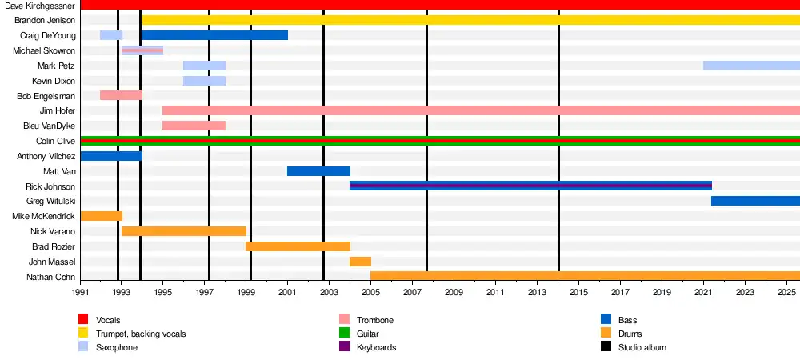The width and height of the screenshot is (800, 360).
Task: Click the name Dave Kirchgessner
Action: click(x=41, y=5)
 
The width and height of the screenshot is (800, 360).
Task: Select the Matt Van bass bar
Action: click(x=318, y=171)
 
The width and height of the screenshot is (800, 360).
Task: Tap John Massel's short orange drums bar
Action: click(x=360, y=262)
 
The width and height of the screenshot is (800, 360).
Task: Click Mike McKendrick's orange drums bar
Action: click(x=102, y=216)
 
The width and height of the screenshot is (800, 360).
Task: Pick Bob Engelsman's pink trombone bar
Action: click(x=121, y=95)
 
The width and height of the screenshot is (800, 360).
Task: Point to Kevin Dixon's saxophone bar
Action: click(x=204, y=81)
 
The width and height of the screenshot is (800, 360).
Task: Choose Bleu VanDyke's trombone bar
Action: click(x=194, y=126)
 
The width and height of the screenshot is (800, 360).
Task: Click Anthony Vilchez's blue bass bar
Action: click(x=111, y=156)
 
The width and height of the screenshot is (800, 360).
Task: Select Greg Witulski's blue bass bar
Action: click(x=754, y=201)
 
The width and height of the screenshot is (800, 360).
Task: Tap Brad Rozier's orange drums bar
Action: click(x=298, y=246)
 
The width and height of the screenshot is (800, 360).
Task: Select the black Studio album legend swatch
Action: click(x=606, y=347)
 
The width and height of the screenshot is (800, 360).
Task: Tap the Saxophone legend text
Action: click(x=117, y=347)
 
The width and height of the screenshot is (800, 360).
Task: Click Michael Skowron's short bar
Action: click(x=142, y=50)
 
